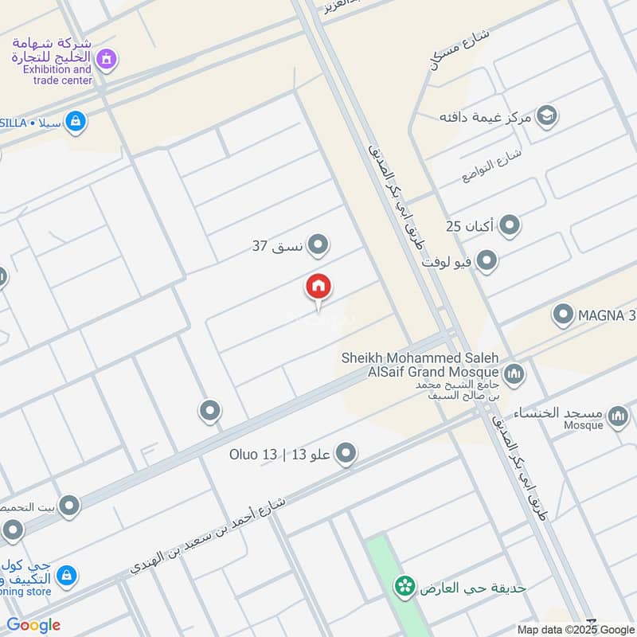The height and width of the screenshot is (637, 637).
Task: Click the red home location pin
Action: click(x=318, y=287)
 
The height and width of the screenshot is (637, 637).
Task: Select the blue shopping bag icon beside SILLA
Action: click(x=76, y=122)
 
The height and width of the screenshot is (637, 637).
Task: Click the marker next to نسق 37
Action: click(x=318, y=245)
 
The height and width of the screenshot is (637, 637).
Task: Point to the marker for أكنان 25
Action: click(x=510, y=226)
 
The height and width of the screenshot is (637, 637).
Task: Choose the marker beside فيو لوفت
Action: click(x=487, y=260)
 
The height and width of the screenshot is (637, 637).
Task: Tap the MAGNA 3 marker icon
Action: click(x=564, y=315)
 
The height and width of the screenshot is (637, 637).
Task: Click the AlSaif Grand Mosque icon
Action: click(x=514, y=373)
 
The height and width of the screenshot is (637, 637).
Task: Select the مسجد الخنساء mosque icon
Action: click(x=618, y=415)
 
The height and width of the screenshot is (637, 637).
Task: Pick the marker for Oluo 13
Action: click(x=346, y=455)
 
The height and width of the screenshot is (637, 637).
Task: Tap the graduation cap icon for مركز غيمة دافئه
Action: click(x=546, y=116)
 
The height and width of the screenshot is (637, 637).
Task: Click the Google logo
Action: click(x=33, y=625)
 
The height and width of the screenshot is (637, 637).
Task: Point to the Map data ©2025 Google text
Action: click(x=576, y=629)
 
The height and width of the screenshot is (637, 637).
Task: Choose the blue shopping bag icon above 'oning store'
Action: click(x=68, y=574)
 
